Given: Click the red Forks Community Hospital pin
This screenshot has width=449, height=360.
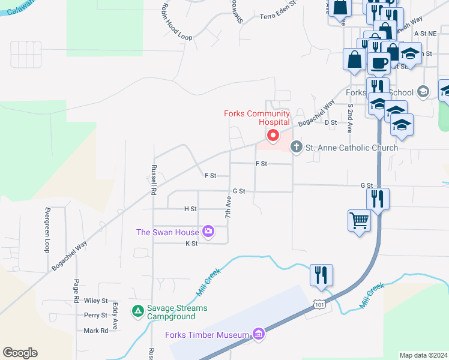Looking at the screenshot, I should [273, 136].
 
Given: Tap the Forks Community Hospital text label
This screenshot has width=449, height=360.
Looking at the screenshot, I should [257, 117].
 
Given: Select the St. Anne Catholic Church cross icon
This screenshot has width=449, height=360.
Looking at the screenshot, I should [296, 147].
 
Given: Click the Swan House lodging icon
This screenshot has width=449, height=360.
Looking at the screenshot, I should [208, 230].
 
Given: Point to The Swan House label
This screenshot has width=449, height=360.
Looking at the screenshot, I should [167, 232].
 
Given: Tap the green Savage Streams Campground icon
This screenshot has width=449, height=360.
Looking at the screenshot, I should [137, 311].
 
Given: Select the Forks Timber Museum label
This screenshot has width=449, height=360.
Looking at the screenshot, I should [208, 335].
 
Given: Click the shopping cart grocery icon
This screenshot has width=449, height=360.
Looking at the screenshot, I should [359, 221].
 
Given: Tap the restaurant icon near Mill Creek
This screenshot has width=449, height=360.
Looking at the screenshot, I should [321, 275].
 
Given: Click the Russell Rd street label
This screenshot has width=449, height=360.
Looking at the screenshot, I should [154, 180].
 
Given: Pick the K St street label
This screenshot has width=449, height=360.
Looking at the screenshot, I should [191, 244].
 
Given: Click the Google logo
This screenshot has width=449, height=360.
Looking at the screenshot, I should [20, 353].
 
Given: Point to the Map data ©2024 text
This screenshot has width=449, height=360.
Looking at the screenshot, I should [423, 355].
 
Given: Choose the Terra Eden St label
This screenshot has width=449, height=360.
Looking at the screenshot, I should [279, 16].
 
